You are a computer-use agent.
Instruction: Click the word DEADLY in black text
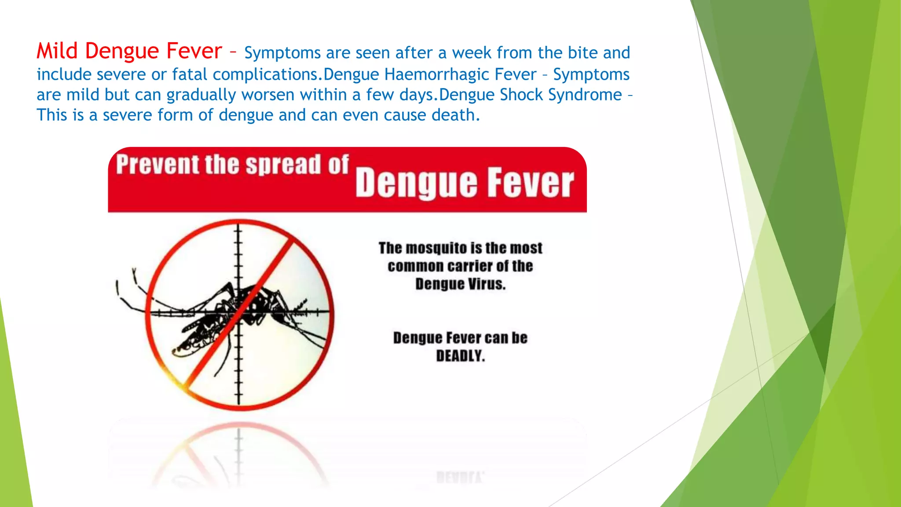pyautogui.click(x=460, y=356)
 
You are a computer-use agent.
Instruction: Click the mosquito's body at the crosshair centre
pyautogui.click(x=239, y=311)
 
